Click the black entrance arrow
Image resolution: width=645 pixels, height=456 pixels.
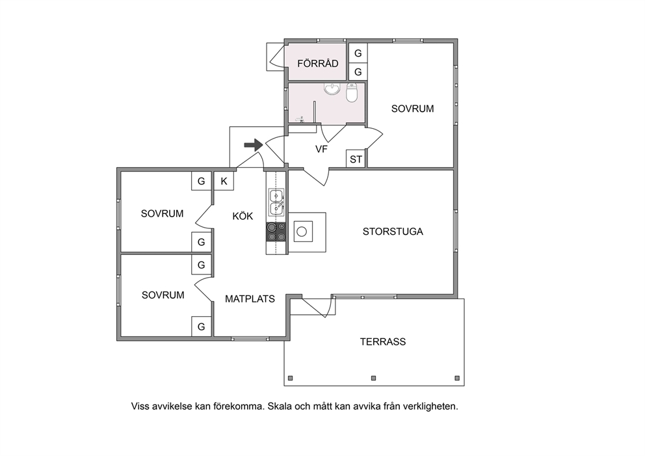254,144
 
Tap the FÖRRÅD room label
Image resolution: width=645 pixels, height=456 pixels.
318,63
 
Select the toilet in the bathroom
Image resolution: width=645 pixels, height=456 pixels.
352,92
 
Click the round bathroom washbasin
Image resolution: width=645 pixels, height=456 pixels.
332,88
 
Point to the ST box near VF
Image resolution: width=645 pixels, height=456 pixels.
356,159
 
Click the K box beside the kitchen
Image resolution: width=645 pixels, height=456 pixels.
224,181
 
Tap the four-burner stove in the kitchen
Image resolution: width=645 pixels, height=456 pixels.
276,232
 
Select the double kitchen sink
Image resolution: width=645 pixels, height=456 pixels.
276,202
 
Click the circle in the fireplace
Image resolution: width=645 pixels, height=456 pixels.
302,232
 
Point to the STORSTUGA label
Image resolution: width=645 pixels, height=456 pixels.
393,232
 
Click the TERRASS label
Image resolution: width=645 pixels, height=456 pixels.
383,342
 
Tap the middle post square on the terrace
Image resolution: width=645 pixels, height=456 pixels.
373,378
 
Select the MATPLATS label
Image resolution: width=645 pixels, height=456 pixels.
250,299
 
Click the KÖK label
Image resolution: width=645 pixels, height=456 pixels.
243,216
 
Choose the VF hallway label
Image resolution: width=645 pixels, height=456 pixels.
321,149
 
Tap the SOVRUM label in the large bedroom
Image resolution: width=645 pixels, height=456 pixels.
413,109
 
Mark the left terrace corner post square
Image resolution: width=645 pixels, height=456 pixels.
291,378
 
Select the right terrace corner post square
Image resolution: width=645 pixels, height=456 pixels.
457,378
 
